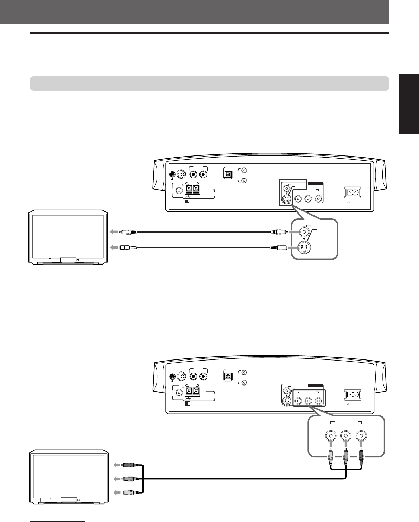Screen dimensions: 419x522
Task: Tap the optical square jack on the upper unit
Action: click(228, 174)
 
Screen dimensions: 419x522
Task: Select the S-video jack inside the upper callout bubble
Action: click(303, 248)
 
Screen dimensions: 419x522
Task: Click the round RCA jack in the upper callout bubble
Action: click(303, 232)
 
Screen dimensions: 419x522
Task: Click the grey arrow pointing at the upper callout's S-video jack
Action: click(293, 248)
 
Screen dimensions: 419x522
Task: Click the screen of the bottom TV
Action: click(68, 476)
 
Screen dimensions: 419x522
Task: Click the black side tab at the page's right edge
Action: click(409, 104)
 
